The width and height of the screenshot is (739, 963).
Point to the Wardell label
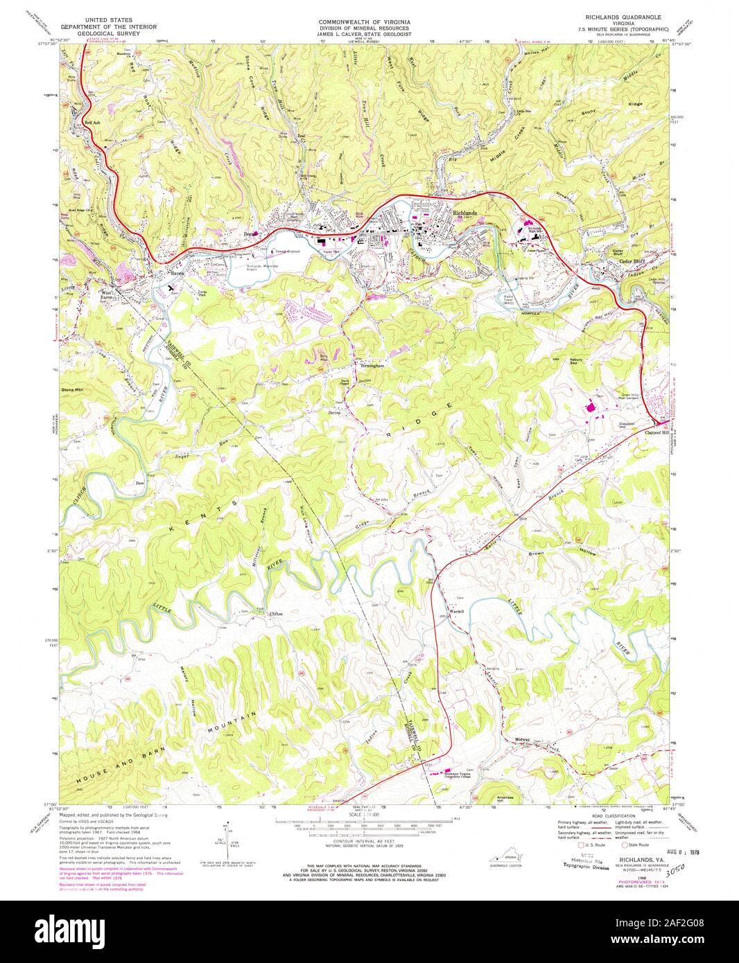(x=455, y=612)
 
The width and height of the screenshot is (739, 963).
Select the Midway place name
(x=522, y=740)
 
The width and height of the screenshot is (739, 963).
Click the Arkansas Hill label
(x=502, y=798)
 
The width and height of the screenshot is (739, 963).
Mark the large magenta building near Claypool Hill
(x=593, y=408)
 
